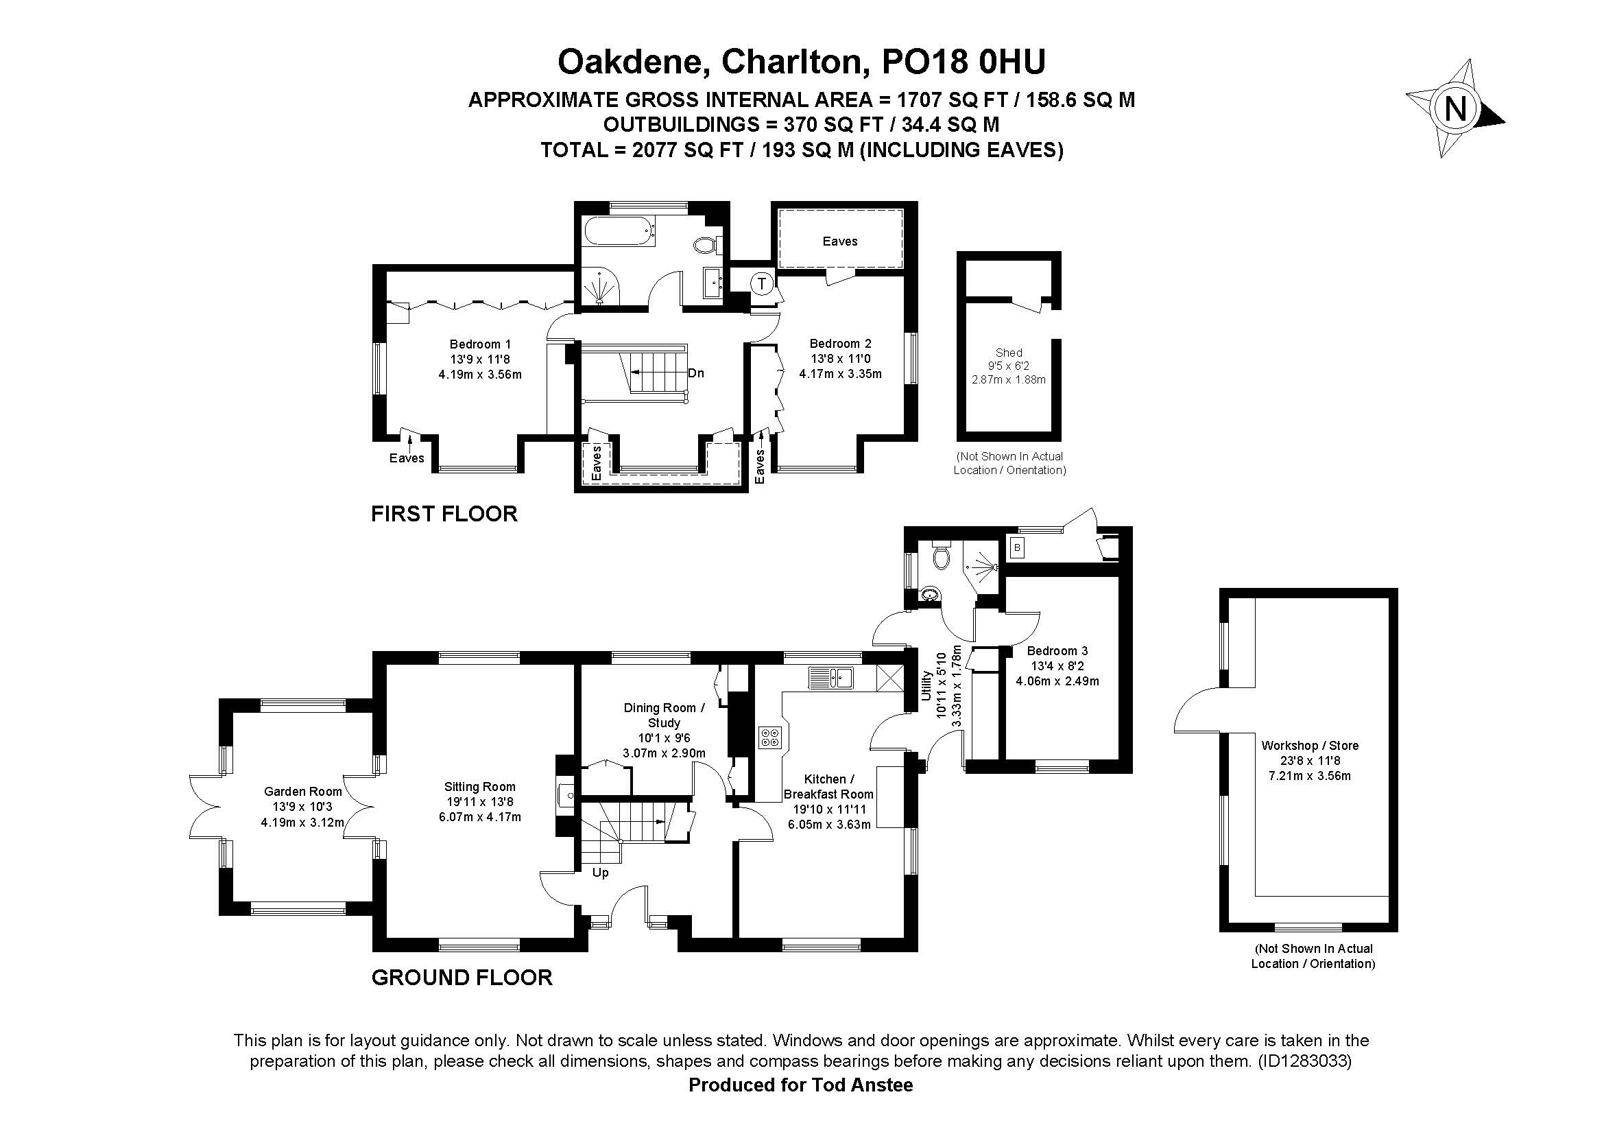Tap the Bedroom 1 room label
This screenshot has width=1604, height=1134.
pos(480,344)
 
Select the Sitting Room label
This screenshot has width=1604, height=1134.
pos(480,787)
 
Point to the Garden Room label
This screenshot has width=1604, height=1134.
pos(302,792)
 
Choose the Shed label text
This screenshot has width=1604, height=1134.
pos(1009,353)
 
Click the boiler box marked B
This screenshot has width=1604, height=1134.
pos(1017,547)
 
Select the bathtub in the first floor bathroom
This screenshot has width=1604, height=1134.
pos(619,231)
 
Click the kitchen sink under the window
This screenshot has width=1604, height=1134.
pos(831,677)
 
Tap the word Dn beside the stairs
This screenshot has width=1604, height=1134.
pos(696,373)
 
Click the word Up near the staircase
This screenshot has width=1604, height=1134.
pos(600,873)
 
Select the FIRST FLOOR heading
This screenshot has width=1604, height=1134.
pos(444,515)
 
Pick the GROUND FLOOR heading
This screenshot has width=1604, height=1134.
pos(462,978)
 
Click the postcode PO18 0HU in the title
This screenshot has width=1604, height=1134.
pos(964,62)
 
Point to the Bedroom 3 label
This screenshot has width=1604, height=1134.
pos(1057,650)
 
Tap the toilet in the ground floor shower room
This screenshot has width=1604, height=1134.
pos(941,554)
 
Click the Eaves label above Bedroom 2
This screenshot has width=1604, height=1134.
pos(840,241)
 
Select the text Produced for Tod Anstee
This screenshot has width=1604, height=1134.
pos(800,1085)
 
